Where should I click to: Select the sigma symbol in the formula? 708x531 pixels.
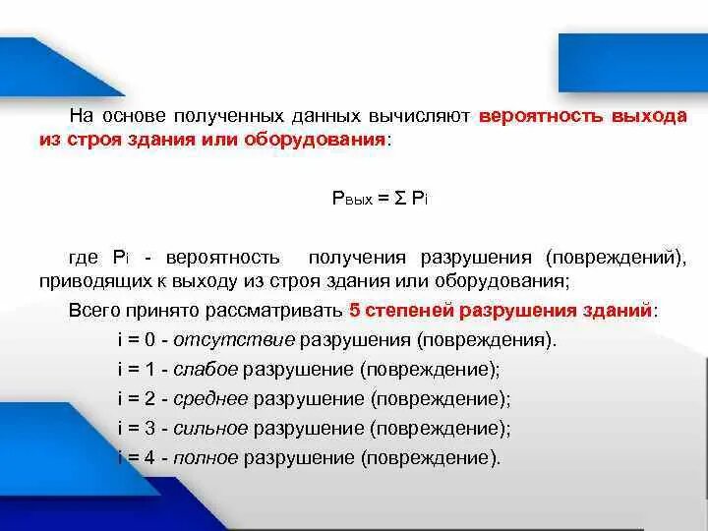(399, 199)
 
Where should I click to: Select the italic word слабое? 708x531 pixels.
(205, 371)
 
